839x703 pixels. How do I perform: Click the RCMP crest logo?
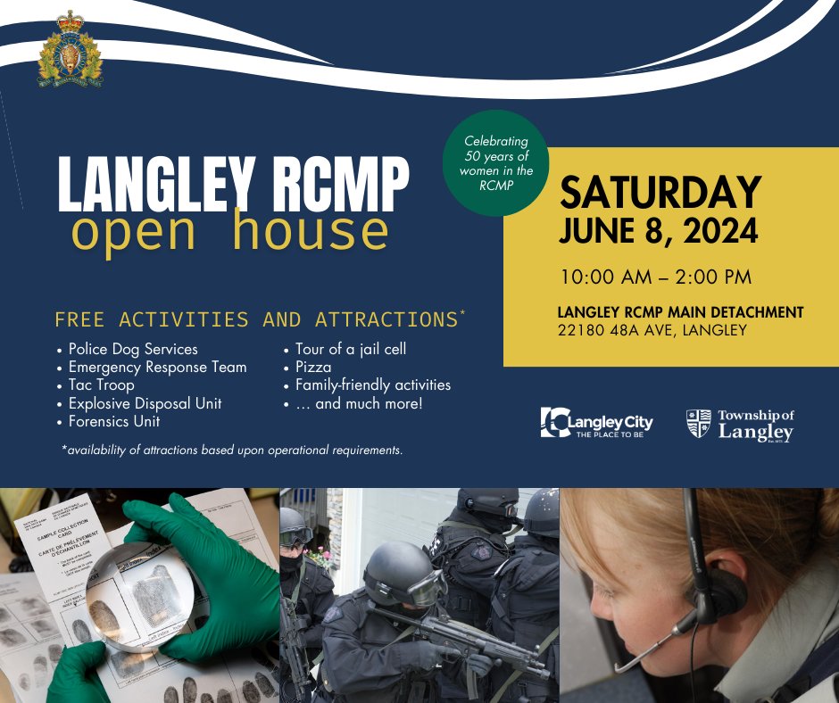71,50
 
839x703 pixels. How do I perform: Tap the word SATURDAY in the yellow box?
660,192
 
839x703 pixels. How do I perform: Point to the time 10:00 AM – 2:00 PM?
656,277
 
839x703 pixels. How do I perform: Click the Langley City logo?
596,422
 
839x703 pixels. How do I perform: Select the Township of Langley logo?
739,424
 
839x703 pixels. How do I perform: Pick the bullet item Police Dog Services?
133,349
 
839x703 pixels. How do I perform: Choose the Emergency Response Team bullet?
157,367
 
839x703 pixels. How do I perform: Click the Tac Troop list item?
101,385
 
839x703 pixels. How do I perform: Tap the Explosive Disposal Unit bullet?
145,403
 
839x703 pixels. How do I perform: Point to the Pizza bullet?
313,367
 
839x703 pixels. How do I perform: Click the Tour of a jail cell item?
350,349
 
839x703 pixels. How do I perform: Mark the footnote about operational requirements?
232,451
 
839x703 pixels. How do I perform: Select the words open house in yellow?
230,230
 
